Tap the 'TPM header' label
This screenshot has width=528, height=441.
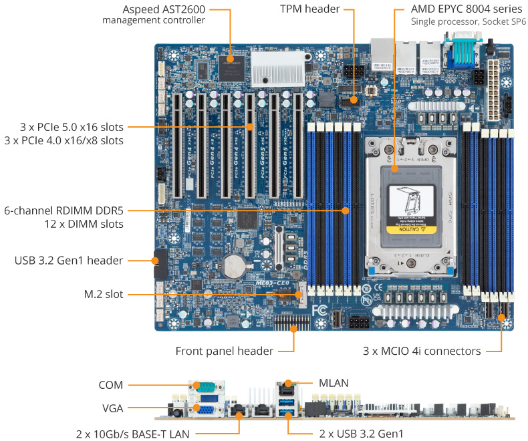coord(309,9)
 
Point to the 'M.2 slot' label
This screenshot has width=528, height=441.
coord(104,294)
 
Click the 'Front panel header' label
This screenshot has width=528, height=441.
coord(224,351)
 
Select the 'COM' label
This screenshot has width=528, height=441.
coord(110,385)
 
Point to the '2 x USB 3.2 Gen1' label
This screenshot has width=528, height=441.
coord(362,434)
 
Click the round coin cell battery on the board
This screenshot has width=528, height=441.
coord(234,265)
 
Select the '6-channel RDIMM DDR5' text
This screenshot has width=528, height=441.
coord(63,210)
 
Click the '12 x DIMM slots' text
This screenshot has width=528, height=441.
coord(83,224)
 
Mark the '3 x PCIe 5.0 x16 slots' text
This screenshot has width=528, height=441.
coord(64,126)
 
